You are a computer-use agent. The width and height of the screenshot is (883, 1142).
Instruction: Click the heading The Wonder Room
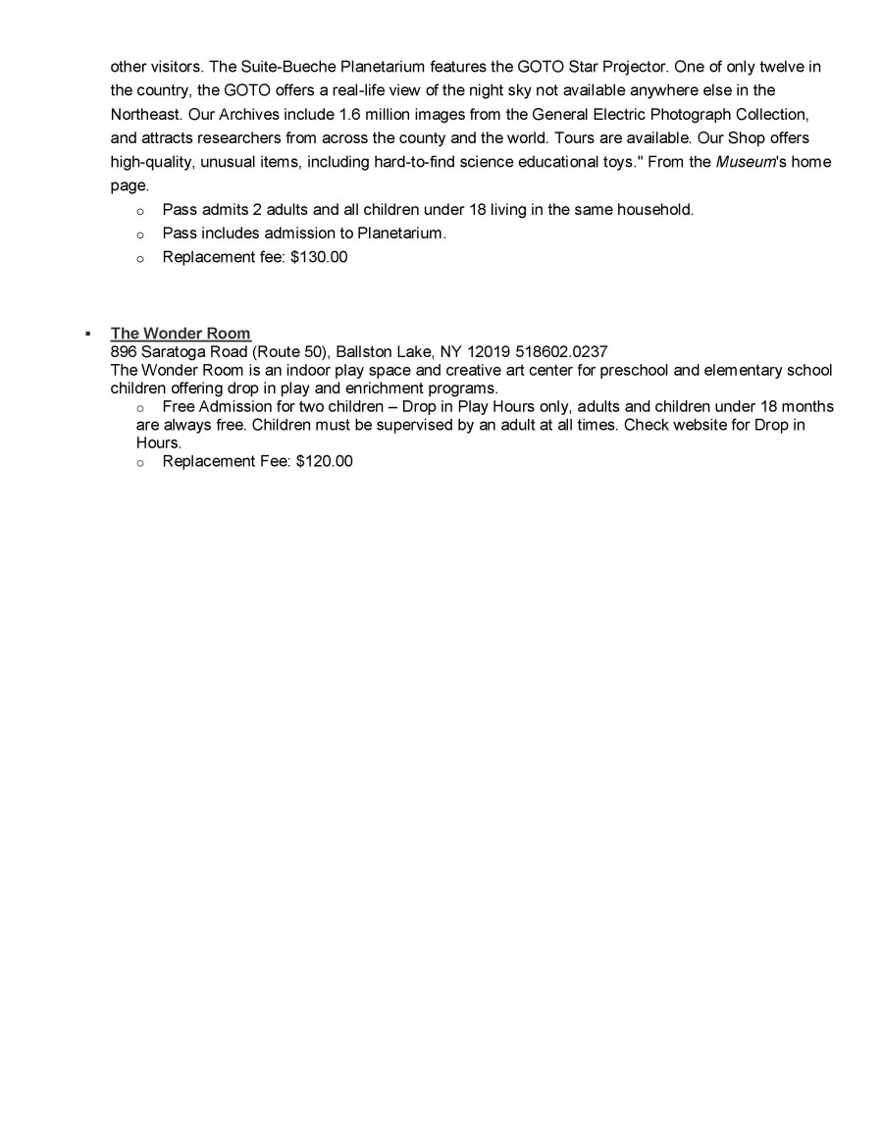tap(181, 334)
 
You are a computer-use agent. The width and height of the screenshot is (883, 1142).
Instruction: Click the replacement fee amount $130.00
tap(319, 258)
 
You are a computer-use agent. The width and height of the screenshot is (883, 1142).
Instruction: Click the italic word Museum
tap(744, 162)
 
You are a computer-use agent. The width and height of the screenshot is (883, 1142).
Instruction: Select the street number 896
tap(124, 351)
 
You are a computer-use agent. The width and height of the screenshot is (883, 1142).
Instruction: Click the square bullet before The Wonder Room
tap(88, 335)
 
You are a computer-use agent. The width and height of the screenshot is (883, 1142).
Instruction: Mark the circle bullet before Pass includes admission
tap(140, 234)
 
